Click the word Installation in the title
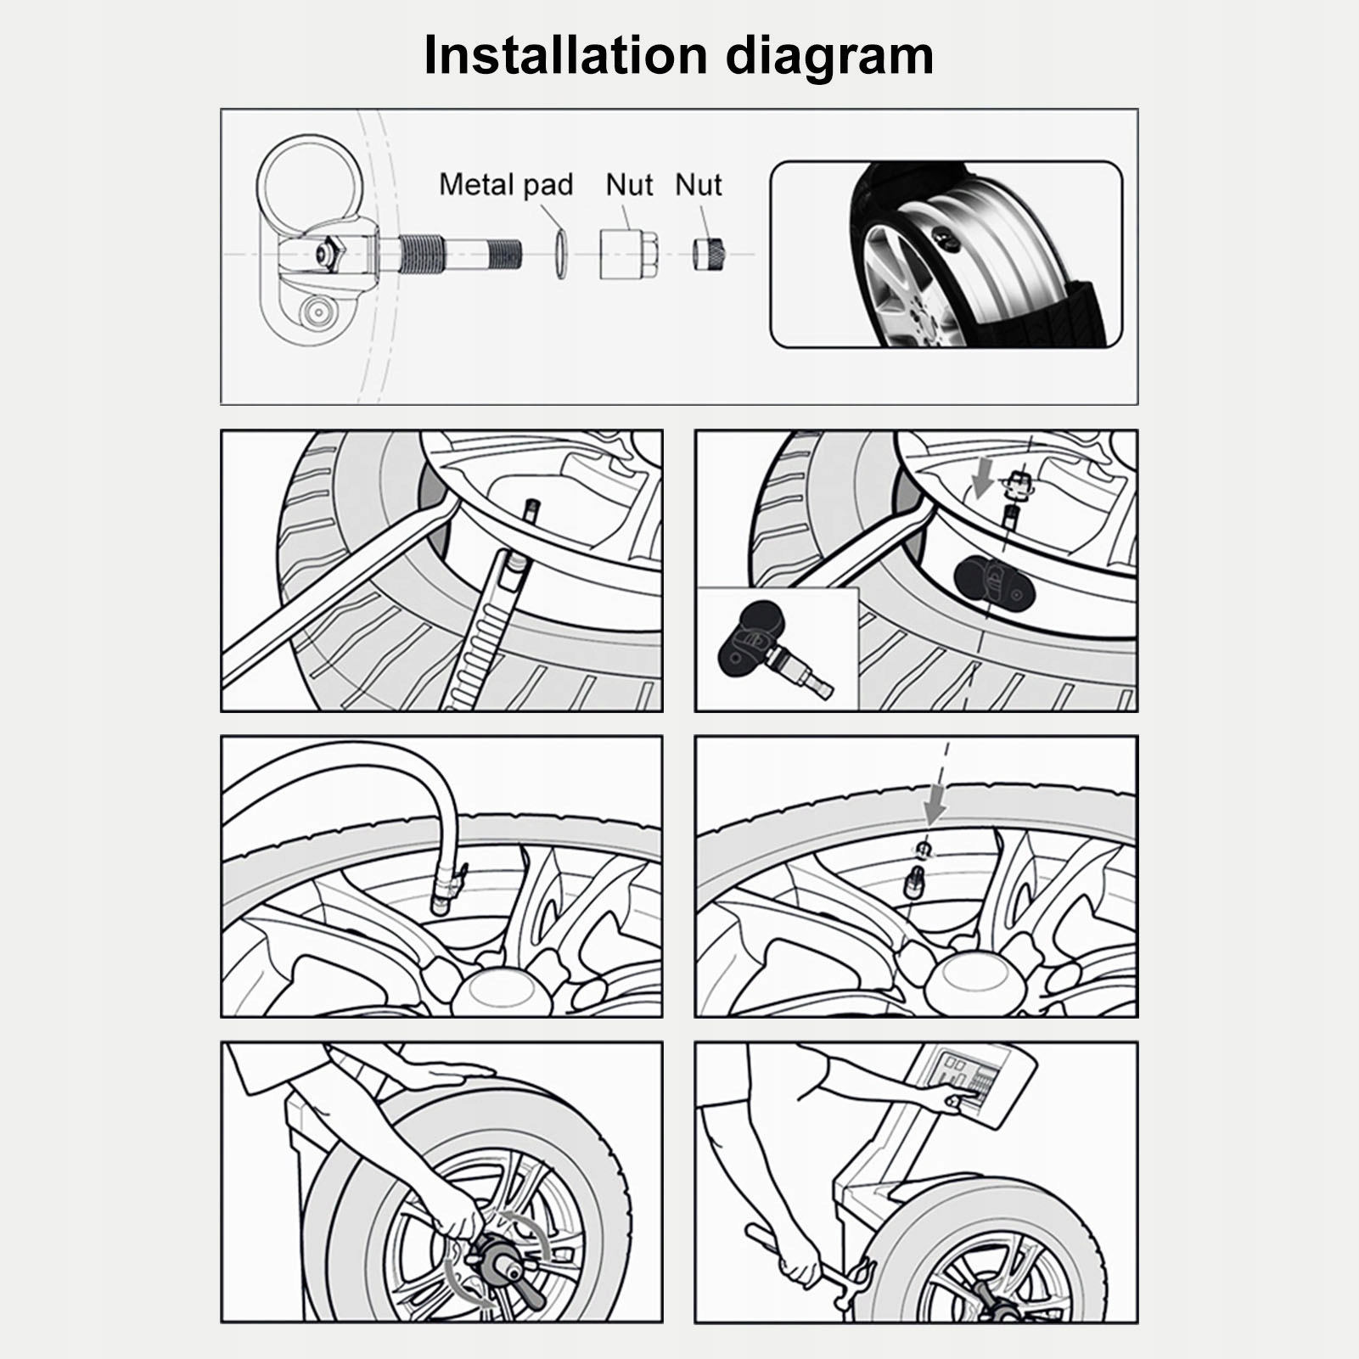565,55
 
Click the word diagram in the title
829,57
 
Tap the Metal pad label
506,184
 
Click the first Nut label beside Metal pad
629,184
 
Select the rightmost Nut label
698,184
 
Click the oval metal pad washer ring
559,253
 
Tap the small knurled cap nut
710,254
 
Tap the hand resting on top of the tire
441,1076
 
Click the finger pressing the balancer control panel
952,1102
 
